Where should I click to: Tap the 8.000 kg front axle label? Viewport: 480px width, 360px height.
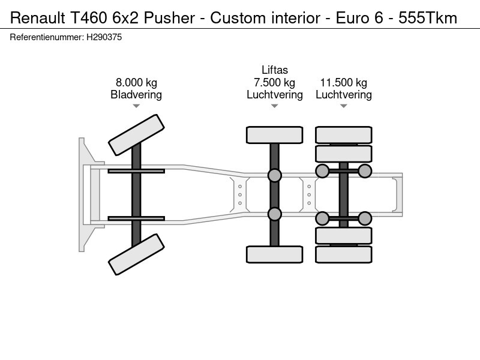[136, 83]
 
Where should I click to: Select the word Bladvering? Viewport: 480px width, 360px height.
[136, 95]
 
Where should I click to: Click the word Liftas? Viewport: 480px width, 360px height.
[274, 71]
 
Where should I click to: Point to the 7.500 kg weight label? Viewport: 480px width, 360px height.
[274, 83]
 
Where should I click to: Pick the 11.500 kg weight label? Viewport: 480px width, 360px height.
[343, 83]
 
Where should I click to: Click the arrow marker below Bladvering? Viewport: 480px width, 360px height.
[136, 106]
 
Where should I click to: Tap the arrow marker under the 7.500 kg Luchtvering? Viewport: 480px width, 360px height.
[274, 106]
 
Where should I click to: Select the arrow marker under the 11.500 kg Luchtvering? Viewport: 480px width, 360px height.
[343, 106]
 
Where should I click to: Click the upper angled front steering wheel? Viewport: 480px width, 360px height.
[136, 134]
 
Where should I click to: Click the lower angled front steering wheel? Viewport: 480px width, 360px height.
[136, 254]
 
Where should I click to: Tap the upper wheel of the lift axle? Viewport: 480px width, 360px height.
[274, 134]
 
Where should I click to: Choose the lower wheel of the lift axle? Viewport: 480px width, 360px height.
[274, 254]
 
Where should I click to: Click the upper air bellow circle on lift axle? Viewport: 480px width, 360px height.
[274, 175]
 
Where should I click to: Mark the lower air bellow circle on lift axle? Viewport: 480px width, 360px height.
[274, 214]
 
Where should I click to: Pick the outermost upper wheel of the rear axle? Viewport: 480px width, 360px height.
[343, 134]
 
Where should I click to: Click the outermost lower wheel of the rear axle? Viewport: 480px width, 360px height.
[343, 254]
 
